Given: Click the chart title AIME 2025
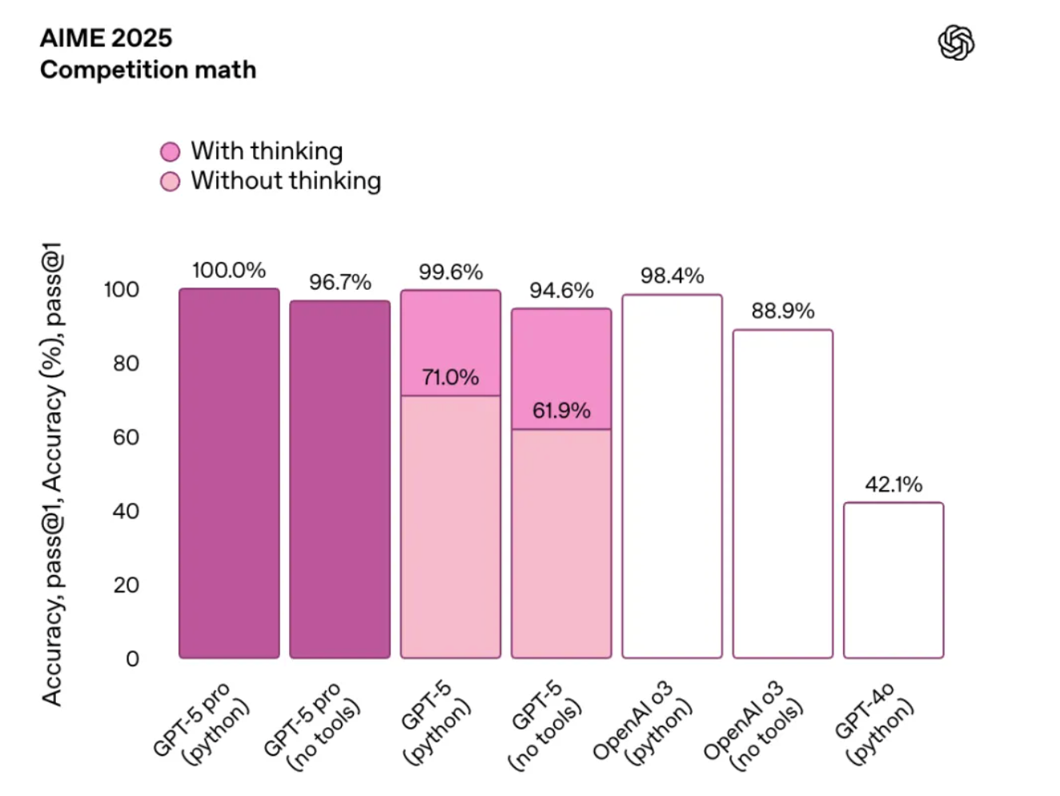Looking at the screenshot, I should point(106,38).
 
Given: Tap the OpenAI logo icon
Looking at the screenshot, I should point(956,42).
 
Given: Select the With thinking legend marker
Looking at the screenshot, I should point(170,152).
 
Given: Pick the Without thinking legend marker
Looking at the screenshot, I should point(170,182).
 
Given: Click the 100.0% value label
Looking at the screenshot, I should point(229,271).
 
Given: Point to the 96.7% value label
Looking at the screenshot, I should point(340,282).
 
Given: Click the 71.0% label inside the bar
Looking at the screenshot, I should point(451,377).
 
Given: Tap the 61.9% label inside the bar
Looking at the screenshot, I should point(561,411).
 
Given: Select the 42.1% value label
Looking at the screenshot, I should point(893,484).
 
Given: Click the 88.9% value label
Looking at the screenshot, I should point(783,311).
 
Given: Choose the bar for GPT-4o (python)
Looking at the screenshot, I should point(893,581).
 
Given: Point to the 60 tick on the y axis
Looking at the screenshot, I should point(126,437).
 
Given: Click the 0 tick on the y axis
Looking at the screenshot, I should point(133,659).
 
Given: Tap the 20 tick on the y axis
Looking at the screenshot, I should point(126,585).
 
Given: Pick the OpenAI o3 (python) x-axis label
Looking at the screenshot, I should point(643,723).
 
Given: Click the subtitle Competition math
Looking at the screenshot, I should point(148,70).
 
